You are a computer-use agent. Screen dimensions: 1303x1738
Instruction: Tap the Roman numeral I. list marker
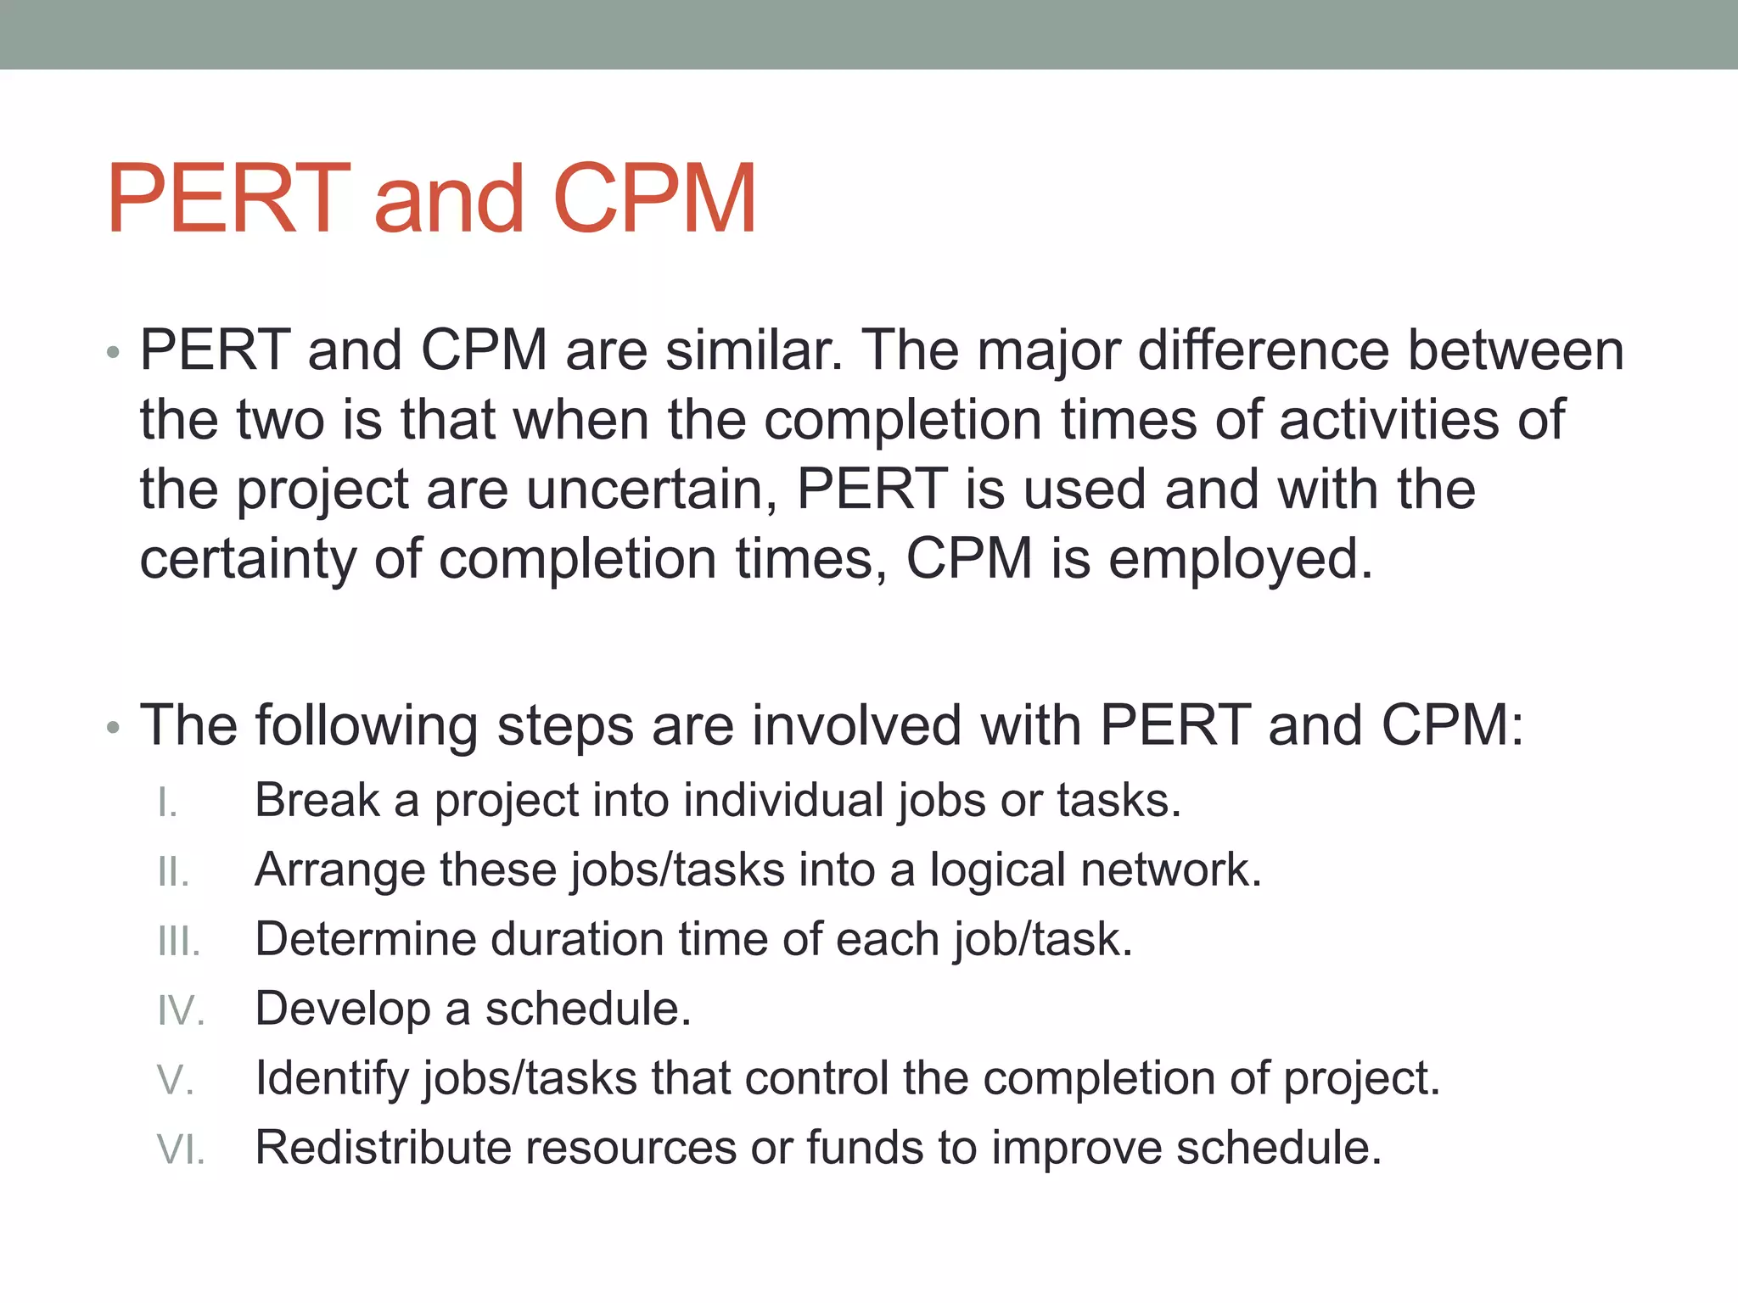167,802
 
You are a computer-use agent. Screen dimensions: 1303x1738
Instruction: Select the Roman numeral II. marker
173,871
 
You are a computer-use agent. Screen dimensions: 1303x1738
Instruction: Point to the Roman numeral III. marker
179,941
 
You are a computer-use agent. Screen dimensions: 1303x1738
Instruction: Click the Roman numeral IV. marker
181,1010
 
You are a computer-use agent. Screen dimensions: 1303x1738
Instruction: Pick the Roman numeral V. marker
176,1080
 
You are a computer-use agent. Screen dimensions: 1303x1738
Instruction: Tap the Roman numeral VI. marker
181,1149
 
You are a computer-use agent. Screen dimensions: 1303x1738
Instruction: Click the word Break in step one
317,800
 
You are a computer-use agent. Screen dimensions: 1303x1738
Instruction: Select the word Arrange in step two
339,870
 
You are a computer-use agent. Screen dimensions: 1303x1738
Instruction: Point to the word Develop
343,1009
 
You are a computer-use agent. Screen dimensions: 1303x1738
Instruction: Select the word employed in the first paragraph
1239,560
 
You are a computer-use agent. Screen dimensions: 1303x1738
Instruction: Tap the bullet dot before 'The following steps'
114,727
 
